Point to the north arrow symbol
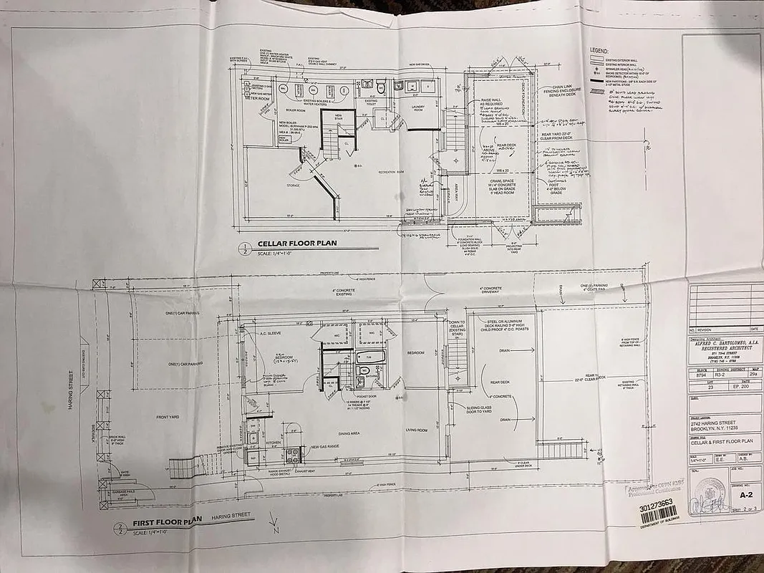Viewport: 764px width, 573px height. click(272, 524)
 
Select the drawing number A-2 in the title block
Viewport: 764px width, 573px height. click(745, 494)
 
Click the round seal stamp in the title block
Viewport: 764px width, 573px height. click(710, 492)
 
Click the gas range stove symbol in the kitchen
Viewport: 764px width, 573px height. click(293, 453)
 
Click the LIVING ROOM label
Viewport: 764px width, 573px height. click(416, 430)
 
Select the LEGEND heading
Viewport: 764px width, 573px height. click(598, 52)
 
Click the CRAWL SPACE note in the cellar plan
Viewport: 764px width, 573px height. click(498, 183)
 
